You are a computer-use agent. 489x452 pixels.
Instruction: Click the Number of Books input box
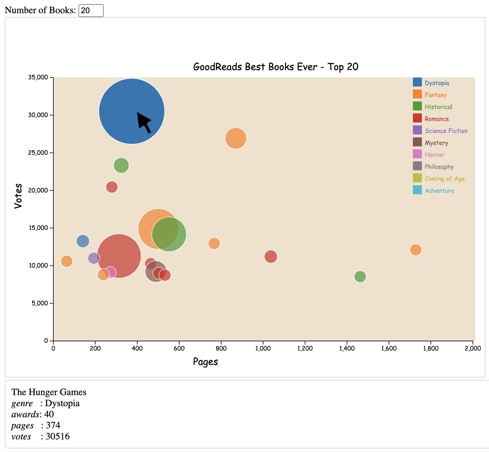pos(91,10)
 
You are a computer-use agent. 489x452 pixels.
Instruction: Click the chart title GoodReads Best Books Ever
pos(275,66)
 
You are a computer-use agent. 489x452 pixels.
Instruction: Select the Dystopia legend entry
pos(437,83)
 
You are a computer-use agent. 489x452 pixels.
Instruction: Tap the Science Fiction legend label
pos(446,131)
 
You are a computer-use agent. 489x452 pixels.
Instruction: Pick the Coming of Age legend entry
pos(444,179)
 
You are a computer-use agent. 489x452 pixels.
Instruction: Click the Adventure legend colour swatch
pos(417,190)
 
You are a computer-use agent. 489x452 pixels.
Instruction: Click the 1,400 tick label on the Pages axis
pos(347,348)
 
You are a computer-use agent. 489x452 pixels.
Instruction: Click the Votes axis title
pos(18,196)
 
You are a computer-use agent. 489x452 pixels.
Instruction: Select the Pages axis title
pos(205,362)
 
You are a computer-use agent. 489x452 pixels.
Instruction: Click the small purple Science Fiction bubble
pos(94,258)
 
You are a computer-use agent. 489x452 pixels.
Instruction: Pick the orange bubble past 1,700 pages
pos(415,249)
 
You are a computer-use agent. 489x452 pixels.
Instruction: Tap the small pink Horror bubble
pos(111,272)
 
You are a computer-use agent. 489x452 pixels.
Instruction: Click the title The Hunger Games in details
pos(49,392)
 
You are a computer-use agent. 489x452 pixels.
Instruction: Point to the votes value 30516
pos(58,436)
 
